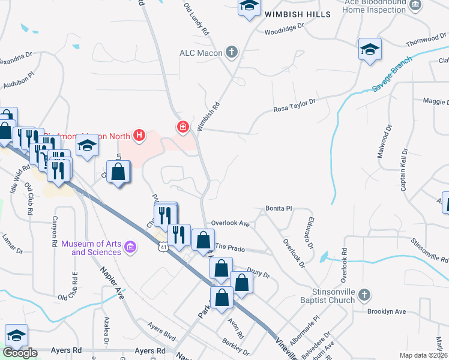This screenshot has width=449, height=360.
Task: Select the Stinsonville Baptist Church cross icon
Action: click(363, 295)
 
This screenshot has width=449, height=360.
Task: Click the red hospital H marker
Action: click(139, 136)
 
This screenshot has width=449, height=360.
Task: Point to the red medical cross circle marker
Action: click(182, 127)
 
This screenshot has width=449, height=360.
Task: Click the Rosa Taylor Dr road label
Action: click(294, 106)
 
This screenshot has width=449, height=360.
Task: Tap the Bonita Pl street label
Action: click(279, 208)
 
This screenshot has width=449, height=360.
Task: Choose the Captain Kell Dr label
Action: click(403, 170)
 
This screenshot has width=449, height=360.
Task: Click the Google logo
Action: click(20, 353)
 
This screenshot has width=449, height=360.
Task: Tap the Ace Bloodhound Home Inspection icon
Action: click(415, 6)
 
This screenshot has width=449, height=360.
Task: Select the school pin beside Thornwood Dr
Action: click(370, 50)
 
